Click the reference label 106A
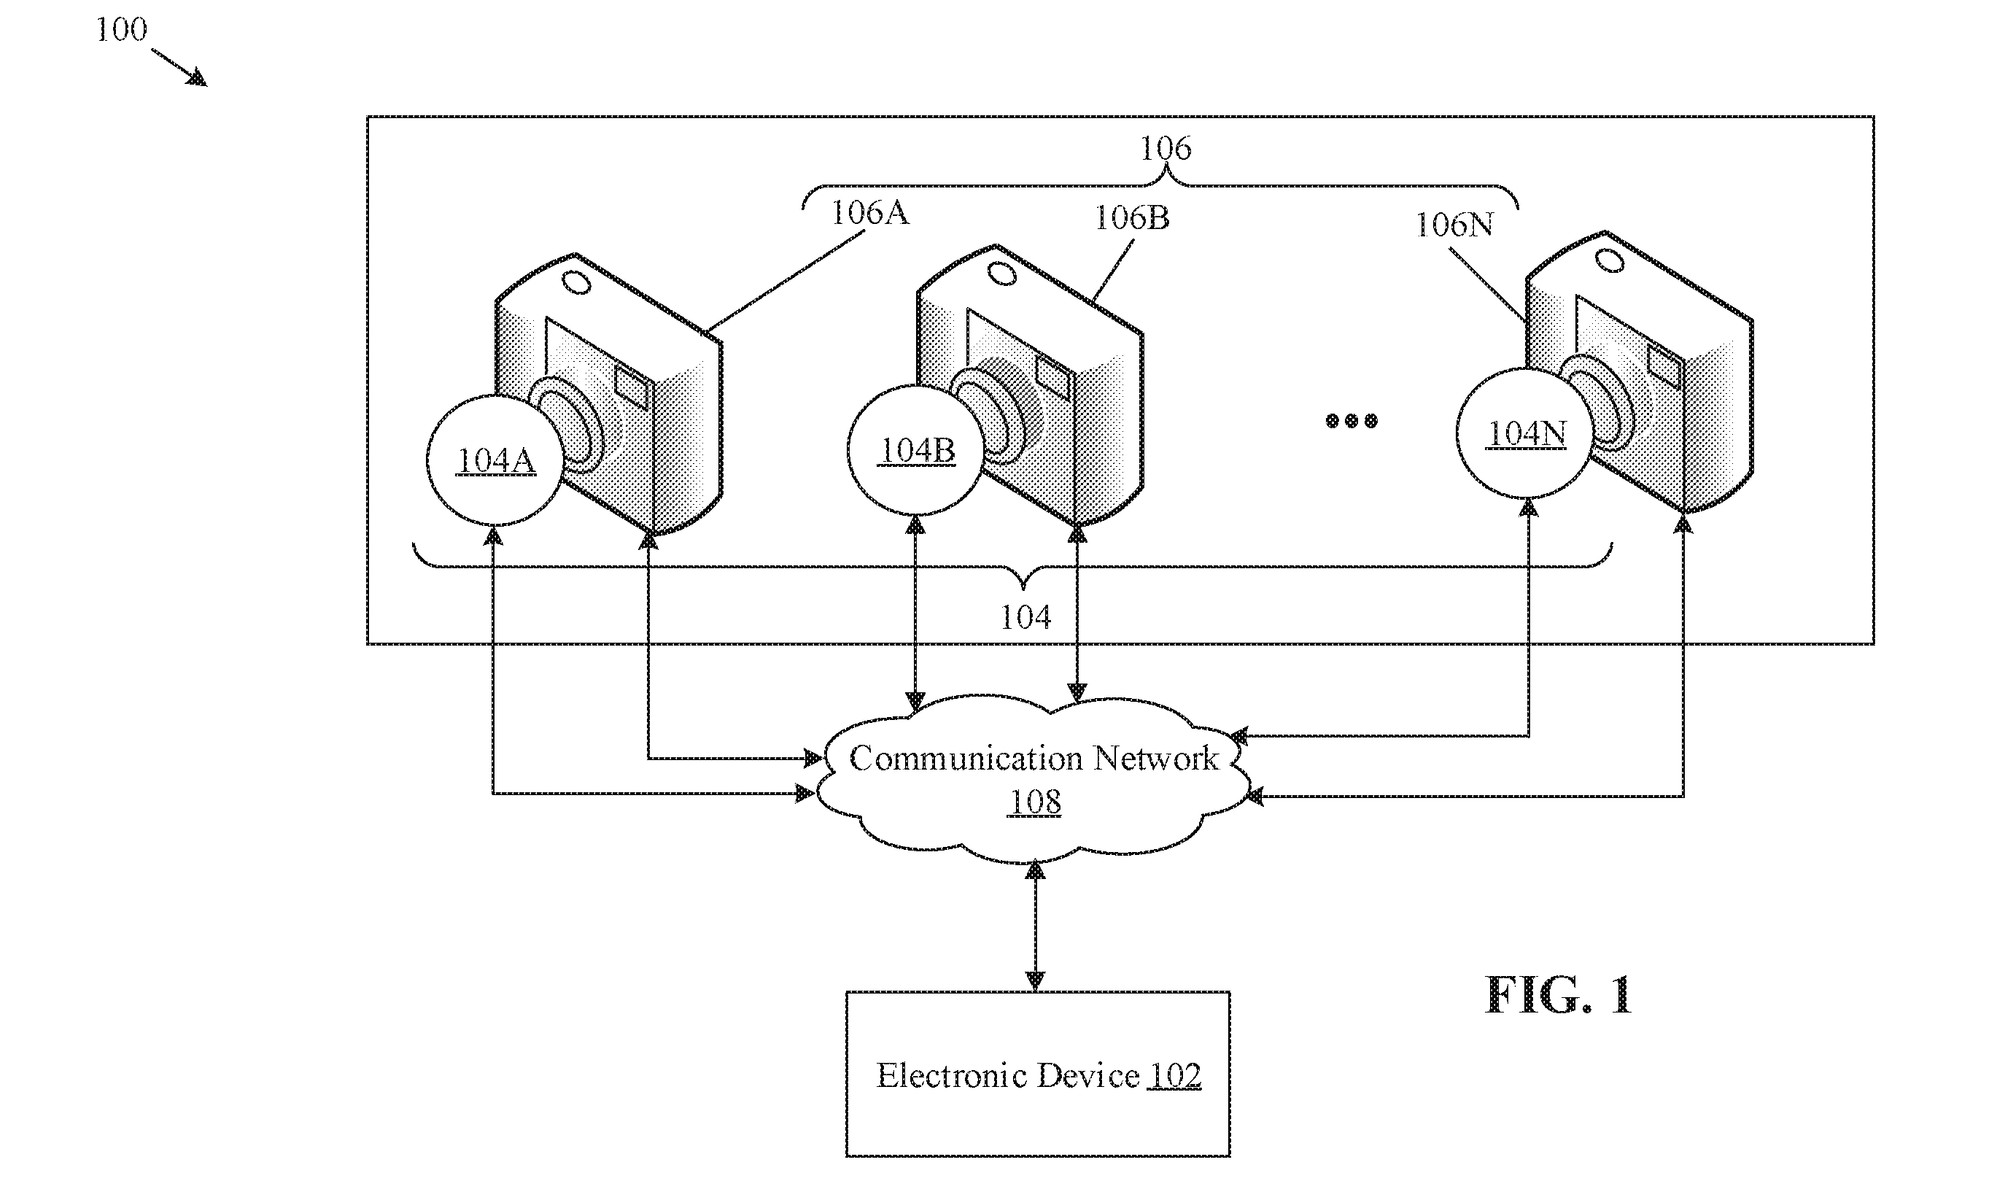coord(870,213)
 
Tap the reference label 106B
coord(1132,217)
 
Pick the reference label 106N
coord(1454,225)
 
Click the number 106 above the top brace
coord(1165,148)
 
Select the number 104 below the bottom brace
coord(1026,618)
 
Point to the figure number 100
coord(121,30)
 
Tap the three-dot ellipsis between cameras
coord(1351,420)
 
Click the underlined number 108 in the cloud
coord(1035,802)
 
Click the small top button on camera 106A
coord(577,283)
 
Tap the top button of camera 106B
coord(1002,274)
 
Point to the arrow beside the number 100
coord(179,67)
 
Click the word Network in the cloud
coord(1155,759)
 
